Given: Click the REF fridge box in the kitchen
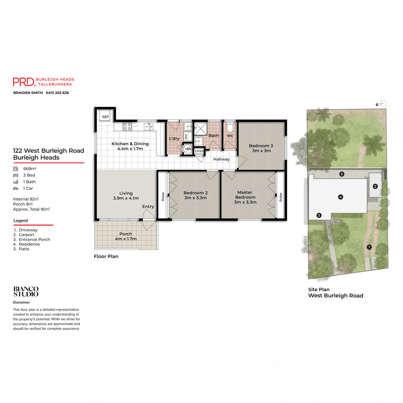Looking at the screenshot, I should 105,117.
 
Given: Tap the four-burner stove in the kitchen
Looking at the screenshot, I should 127,126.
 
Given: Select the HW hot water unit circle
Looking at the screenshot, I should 188,149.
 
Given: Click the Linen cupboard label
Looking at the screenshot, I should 199,151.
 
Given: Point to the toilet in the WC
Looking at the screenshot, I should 230,128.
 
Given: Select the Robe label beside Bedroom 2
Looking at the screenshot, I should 163,196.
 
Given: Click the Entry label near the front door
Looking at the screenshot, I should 148,207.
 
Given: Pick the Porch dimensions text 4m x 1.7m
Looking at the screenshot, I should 126,239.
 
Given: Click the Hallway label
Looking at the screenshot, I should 221,159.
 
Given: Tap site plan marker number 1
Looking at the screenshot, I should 369,247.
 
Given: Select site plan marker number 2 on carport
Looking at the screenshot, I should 375,186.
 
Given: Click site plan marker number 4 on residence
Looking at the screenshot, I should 341,197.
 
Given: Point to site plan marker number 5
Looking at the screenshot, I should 342,174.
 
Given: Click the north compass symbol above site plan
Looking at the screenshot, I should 383,104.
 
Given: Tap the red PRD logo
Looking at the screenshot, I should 24,82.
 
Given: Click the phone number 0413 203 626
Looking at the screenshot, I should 57,93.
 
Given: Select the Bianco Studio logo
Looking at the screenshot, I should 26,292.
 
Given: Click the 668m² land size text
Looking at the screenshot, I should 30,169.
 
